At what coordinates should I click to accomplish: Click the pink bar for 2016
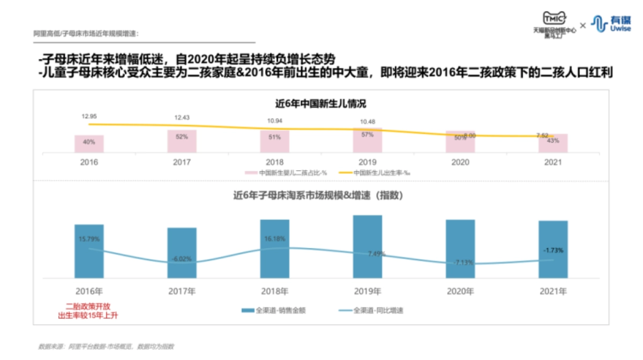click(x=89, y=144)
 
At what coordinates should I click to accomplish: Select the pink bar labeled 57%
click(x=367, y=141)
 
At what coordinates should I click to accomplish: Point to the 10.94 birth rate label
click(x=274, y=121)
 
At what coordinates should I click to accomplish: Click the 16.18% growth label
click(x=275, y=239)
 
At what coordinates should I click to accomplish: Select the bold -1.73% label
click(x=553, y=250)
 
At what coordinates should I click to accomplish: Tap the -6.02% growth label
click(x=182, y=259)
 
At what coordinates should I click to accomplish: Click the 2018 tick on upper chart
click(x=274, y=161)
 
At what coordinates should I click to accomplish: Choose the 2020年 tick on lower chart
click(x=460, y=291)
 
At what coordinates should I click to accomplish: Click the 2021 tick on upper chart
click(x=552, y=161)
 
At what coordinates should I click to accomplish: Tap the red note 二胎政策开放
click(x=89, y=307)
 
